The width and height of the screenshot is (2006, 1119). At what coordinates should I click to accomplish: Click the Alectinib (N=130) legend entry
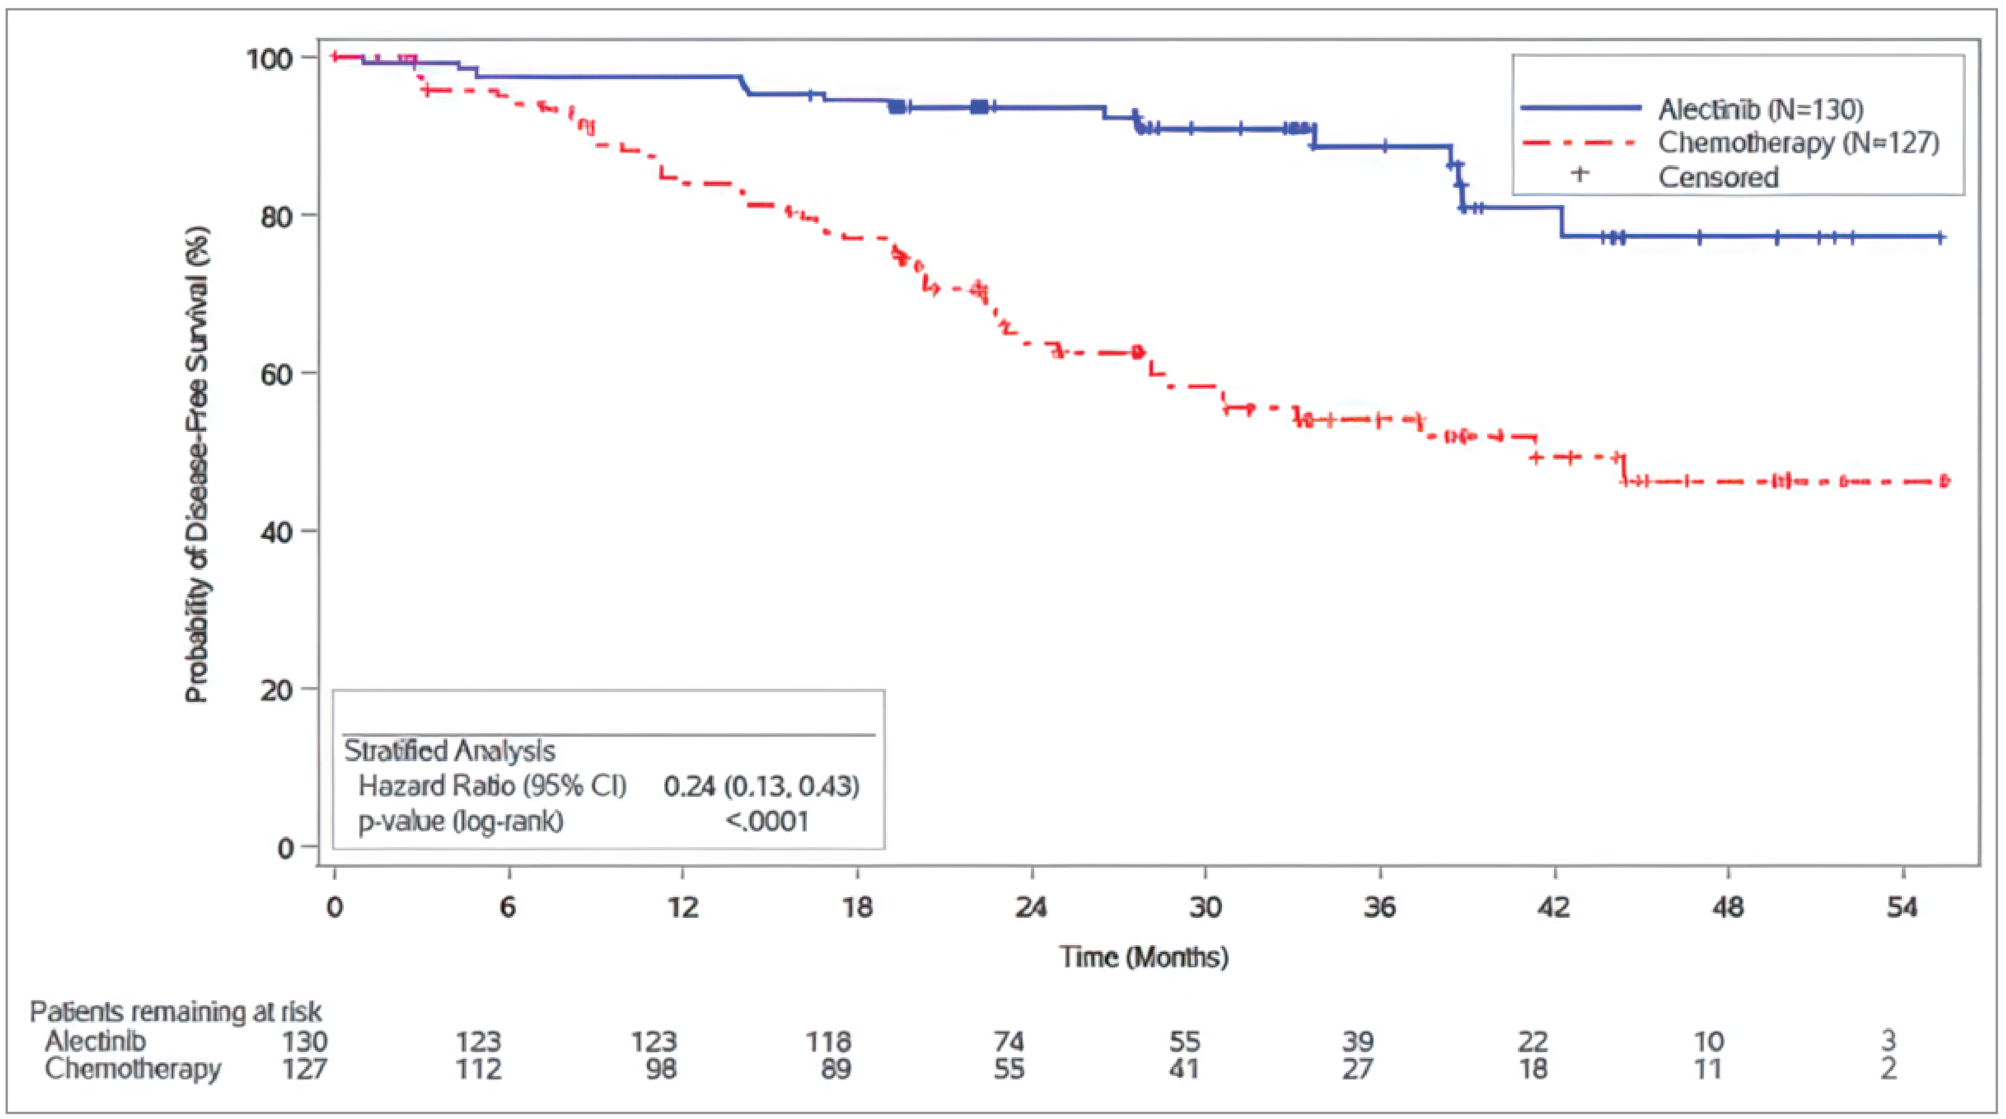(1760, 109)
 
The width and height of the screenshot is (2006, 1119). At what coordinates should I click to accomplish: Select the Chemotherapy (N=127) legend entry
(1797, 143)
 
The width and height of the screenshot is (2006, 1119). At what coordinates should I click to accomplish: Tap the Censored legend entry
(1718, 178)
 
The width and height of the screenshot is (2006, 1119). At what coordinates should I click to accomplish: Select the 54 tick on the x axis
(1902, 908)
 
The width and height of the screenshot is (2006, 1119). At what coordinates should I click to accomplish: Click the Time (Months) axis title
(1143, 956)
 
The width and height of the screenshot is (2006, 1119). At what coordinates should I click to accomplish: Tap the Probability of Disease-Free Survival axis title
(197, 465)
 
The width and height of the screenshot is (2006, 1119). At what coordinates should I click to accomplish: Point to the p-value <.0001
(767, 821)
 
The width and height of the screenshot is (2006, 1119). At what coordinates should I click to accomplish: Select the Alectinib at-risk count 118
(829, 1041)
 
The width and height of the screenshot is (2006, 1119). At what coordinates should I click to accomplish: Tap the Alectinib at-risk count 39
(1357, 1041)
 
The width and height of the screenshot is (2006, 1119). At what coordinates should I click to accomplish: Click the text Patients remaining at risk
(175, 1011)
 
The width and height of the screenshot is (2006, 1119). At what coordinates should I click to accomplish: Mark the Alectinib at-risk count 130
(304, 1041)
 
